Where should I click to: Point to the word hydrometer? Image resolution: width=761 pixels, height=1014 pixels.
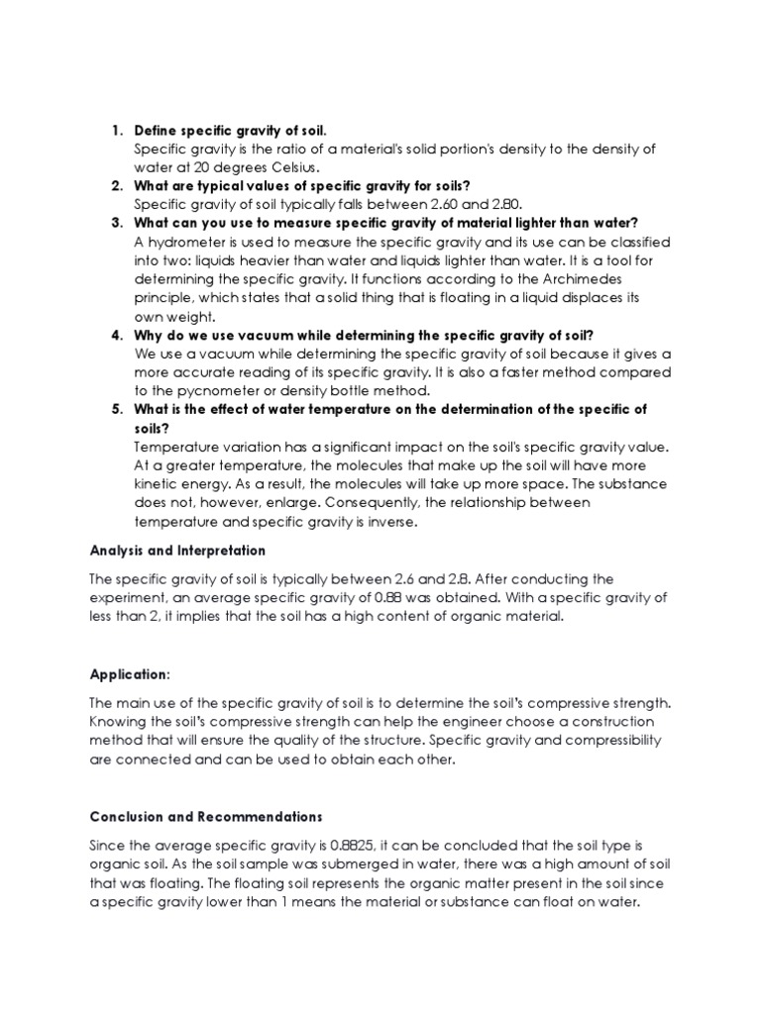click(187, 242)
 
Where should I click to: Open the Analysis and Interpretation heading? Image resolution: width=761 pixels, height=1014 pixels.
click(177, 550)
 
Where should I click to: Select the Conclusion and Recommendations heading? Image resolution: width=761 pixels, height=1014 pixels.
click(206, 817)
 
